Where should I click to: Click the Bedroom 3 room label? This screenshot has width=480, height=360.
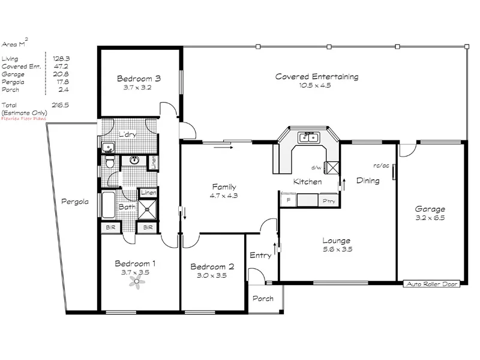pos(139,79)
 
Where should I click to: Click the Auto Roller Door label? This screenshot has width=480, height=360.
pos(432,284)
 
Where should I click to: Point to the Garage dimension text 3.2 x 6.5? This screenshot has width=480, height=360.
pos(430,218)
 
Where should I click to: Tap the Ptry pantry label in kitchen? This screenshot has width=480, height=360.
pos(328,201)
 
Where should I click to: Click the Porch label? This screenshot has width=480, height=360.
pos(263,299)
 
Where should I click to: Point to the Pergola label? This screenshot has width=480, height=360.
pos(75,202)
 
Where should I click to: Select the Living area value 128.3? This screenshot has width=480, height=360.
pos(61,58)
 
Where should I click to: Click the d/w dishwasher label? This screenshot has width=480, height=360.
pos(316,168)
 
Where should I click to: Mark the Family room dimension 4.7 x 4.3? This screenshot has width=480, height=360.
pos(223,195)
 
